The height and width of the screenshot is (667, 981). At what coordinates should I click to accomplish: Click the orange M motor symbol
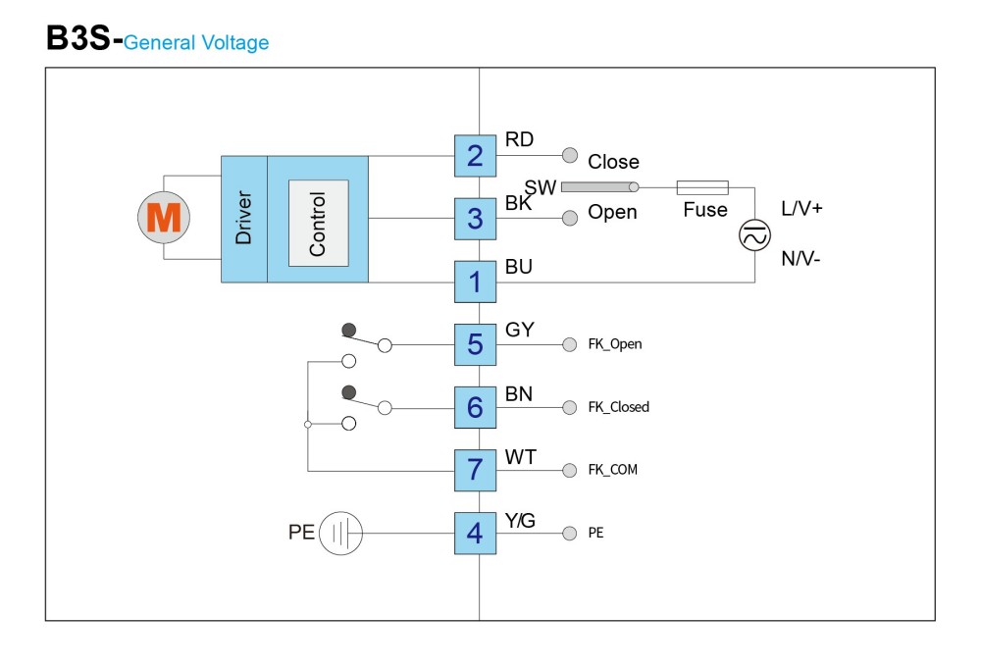click(x=164, y=217)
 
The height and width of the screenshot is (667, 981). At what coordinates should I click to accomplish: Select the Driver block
click(x=244, y=219)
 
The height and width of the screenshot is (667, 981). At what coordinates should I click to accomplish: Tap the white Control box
click(x=319, y=224)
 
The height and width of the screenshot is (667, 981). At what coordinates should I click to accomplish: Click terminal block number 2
click(x=476, y=156)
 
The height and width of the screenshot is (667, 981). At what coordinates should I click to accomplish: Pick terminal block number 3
click(x=476, y=219)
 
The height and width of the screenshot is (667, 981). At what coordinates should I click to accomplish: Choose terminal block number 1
click(x=476, y=282)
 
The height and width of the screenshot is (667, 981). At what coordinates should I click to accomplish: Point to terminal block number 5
click(x=476, y=344)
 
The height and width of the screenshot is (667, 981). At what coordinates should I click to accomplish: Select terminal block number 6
click(x=476, y=407)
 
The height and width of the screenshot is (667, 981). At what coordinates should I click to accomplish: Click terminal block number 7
click(x=476, y=470)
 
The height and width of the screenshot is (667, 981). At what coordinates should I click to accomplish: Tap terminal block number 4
click(x=476, y=533)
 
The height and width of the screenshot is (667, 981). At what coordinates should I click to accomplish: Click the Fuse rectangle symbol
click(x=702, y=187)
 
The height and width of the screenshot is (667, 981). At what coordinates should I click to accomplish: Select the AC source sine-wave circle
click(x=754, y=235)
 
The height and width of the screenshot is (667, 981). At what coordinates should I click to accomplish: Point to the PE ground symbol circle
click(x=341, y=533)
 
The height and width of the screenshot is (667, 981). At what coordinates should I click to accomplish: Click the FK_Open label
click(x=615, y=344)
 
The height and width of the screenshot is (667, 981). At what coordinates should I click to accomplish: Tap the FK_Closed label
click(x=619, y=407)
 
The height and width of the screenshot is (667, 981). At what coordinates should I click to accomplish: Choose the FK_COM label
click(x=612, y=470)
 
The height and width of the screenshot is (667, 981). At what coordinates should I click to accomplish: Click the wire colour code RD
click(x=519, y=139)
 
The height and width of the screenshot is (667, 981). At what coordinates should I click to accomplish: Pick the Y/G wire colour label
click(x=520, y=521)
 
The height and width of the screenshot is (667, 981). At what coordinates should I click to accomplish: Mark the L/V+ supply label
click(x=801, y=208)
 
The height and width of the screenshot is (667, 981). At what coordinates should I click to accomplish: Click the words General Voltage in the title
click(x=196, y=42)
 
